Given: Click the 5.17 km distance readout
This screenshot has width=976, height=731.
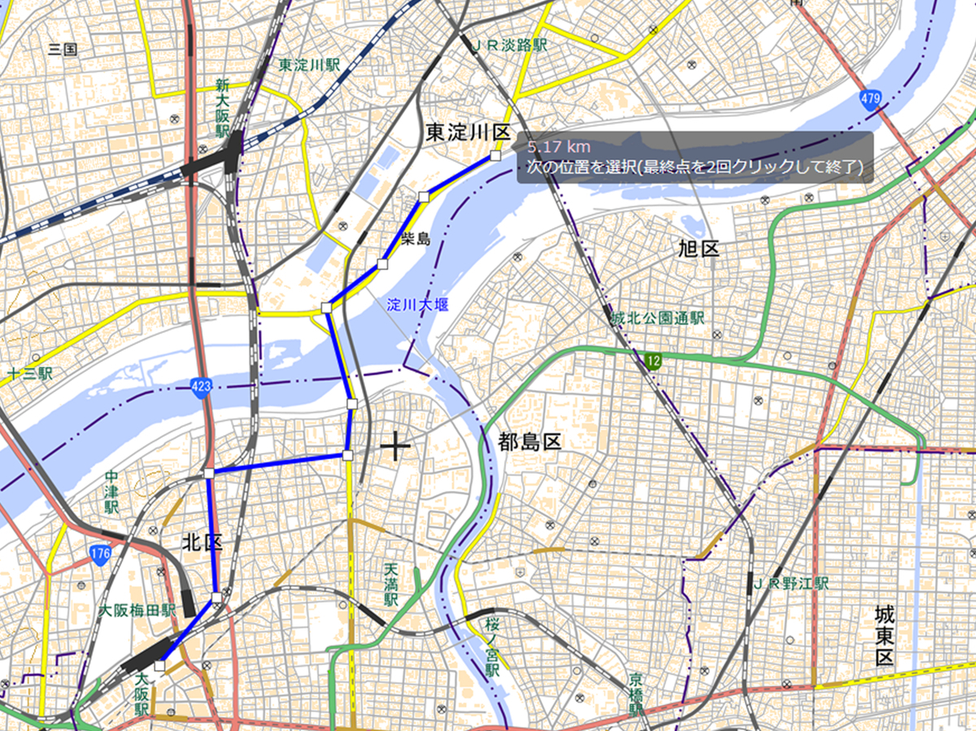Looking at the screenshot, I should (558, 147).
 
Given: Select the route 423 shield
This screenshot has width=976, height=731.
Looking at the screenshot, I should (203, 386).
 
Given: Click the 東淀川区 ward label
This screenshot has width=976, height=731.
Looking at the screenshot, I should (467, 133).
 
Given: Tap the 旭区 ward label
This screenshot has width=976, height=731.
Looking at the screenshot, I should (699, 249).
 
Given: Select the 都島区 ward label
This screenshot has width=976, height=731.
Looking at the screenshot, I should (530, 443).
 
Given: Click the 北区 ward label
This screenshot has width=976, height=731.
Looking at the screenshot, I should (202, 542).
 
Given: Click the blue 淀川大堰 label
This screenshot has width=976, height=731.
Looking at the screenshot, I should (418, 305).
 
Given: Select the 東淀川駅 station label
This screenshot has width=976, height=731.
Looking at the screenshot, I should (309, 64).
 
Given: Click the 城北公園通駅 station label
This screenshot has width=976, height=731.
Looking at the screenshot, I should (657, 319).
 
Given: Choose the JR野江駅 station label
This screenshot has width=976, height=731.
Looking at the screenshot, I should (789, 583).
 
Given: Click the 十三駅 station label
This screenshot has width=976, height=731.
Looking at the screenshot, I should (29, 374).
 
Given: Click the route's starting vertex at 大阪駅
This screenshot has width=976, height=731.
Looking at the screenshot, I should (159, 666).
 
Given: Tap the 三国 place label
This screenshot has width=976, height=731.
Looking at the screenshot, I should (63, 49).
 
